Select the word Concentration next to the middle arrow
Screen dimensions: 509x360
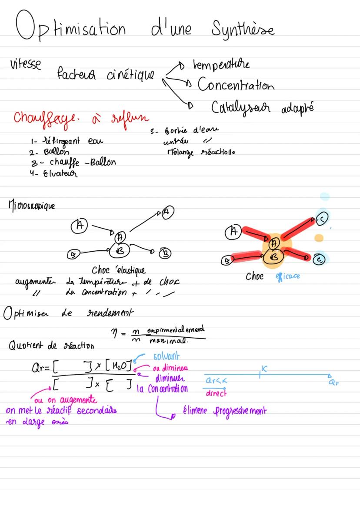pyautogui.click(x=236, y=85)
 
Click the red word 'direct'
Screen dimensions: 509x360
pyautogui.click(x=216, y=394)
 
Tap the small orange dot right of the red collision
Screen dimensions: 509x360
pyautogui.click(x=320, y=237)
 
